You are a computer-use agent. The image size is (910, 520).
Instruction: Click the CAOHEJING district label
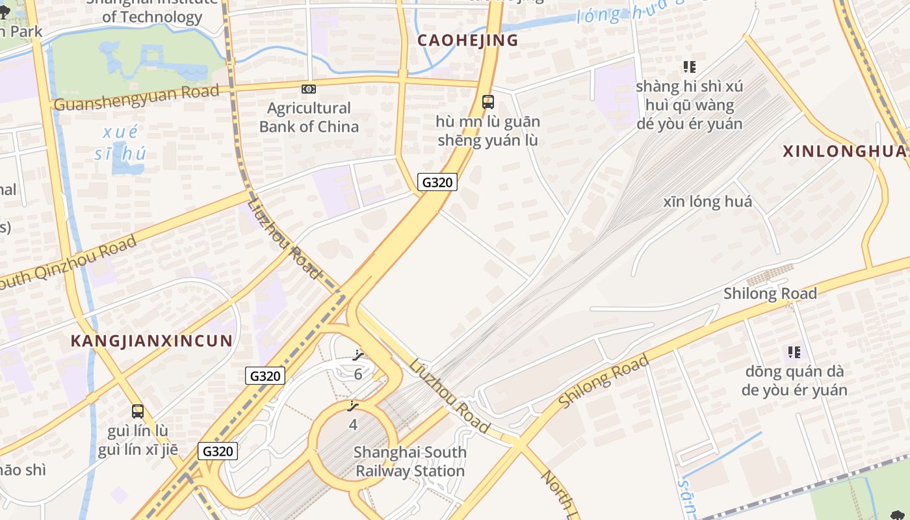(x=467, y=40)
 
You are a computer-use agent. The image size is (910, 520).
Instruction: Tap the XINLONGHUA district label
(x=844, y=151)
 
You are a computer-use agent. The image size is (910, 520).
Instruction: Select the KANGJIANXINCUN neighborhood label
(x=151, y=341)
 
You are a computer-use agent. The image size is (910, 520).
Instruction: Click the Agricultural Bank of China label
(x=309, y=117)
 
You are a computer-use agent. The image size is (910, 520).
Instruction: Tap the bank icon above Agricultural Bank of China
(x=309, y=89)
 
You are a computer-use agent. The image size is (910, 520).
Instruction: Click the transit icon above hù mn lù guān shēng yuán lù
(x=487, y=102)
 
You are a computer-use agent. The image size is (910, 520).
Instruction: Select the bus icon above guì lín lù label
(x=138, y=411)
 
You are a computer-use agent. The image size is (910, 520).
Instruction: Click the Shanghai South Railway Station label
(x=409, y=461)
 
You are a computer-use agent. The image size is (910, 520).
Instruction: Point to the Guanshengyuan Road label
(x=136, y=98)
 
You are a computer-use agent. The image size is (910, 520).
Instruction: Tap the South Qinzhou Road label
(x=68, y=263)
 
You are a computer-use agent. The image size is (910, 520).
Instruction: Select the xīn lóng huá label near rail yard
(x=708, y=201)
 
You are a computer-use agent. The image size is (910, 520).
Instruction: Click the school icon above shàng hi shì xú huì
(x=690, y=67)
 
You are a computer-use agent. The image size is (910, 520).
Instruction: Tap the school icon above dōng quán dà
(x=794, y=352)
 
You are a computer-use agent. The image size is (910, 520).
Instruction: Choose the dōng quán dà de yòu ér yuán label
(x=794, y=380)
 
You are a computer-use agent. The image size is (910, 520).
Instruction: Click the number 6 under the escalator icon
(x=357, y=374)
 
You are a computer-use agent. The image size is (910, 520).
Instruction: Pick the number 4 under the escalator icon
(x=353, y=425)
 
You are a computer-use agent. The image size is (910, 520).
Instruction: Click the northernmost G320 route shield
(x=437, y=182)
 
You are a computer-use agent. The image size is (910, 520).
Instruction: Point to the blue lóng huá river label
(x=630, y=13)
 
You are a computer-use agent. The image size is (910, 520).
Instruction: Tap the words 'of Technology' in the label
(x=152, y=17)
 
